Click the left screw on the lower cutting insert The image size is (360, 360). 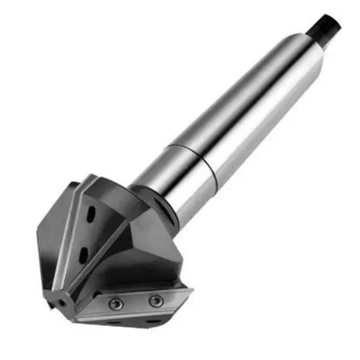[x=116, y=304]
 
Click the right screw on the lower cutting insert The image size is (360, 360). [x=155, y=301]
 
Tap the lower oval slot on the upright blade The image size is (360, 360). [x=84, y=254]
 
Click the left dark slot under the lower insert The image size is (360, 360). [x=114, y=323]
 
